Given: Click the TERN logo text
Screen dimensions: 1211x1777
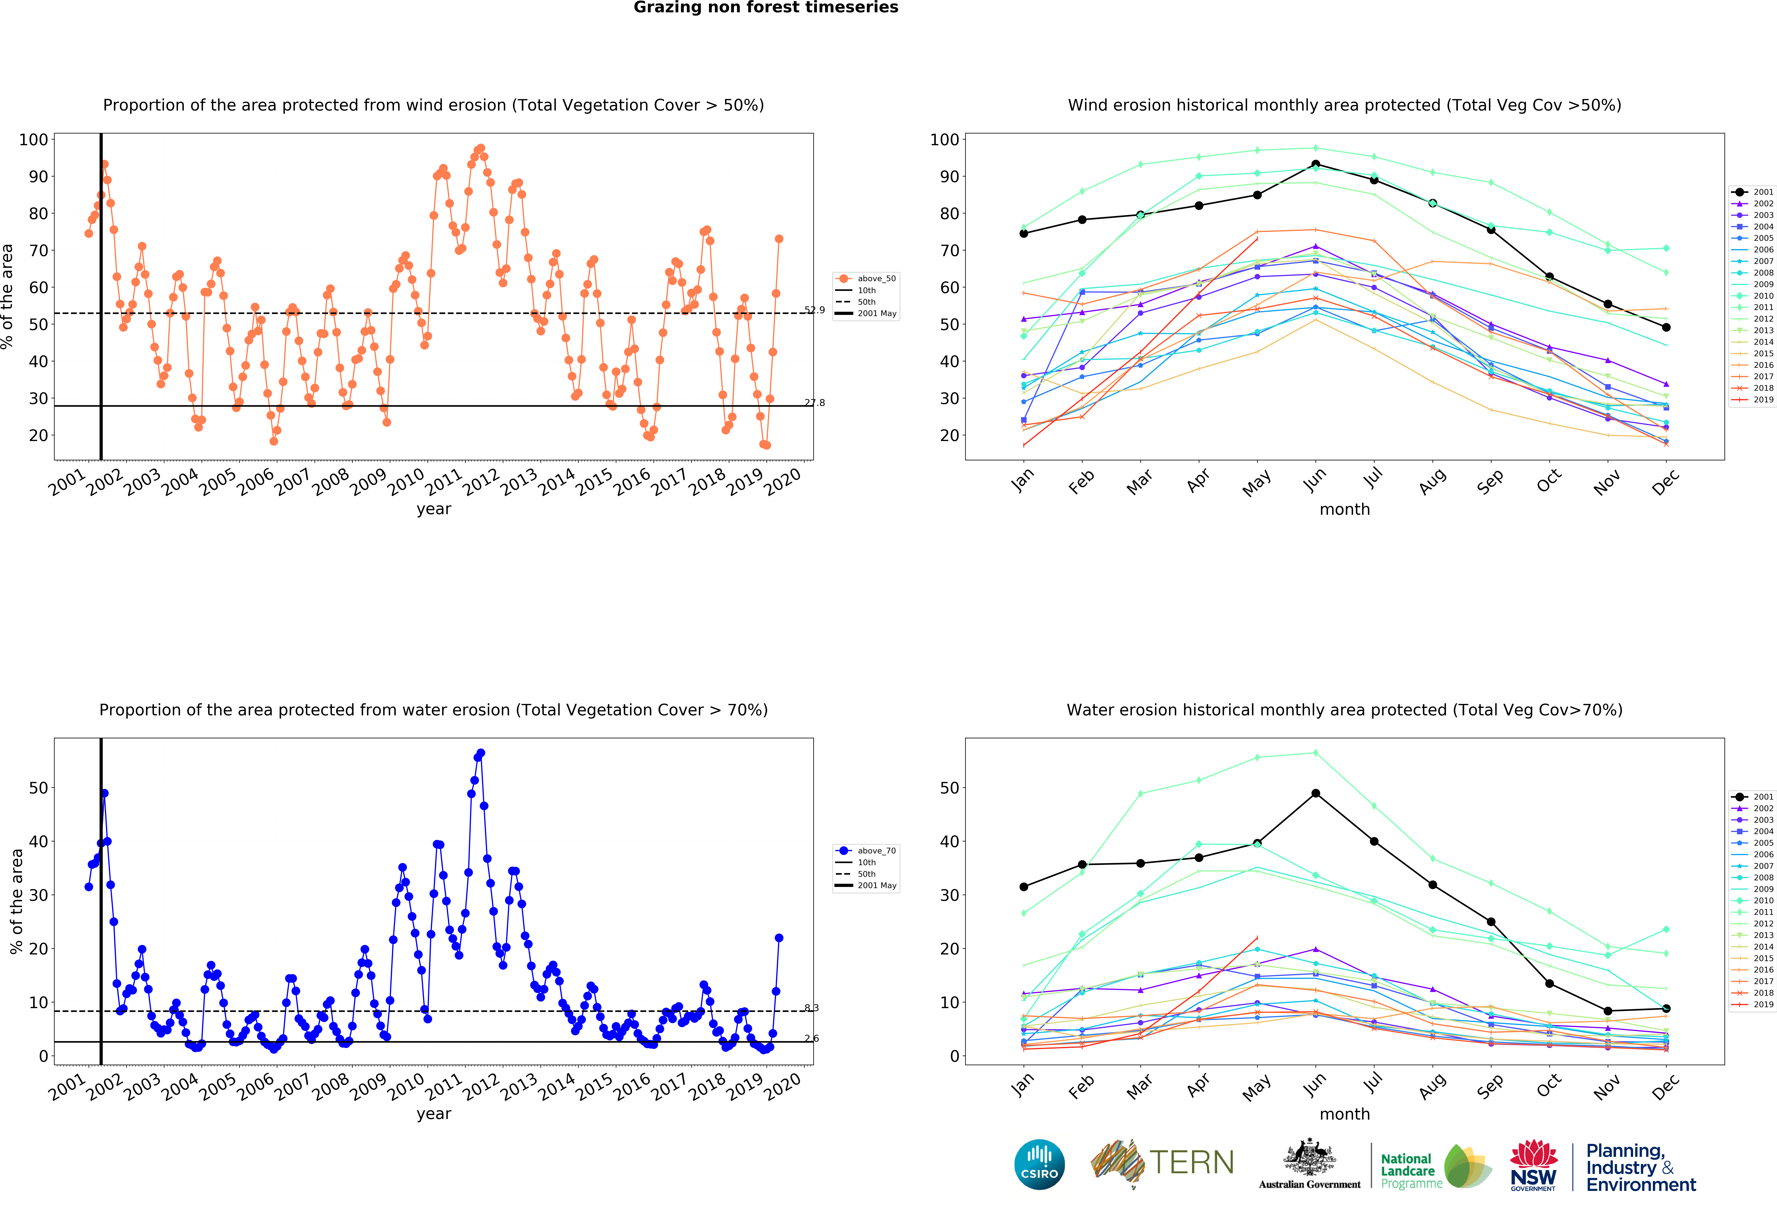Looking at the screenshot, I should tap(1191, 1163).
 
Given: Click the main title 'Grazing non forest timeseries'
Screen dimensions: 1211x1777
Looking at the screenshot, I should tap(765, 8).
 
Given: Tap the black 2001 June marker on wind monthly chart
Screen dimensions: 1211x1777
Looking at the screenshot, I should tap(1315, 164).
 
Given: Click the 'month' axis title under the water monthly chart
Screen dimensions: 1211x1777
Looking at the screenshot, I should tap(1344, 1114).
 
